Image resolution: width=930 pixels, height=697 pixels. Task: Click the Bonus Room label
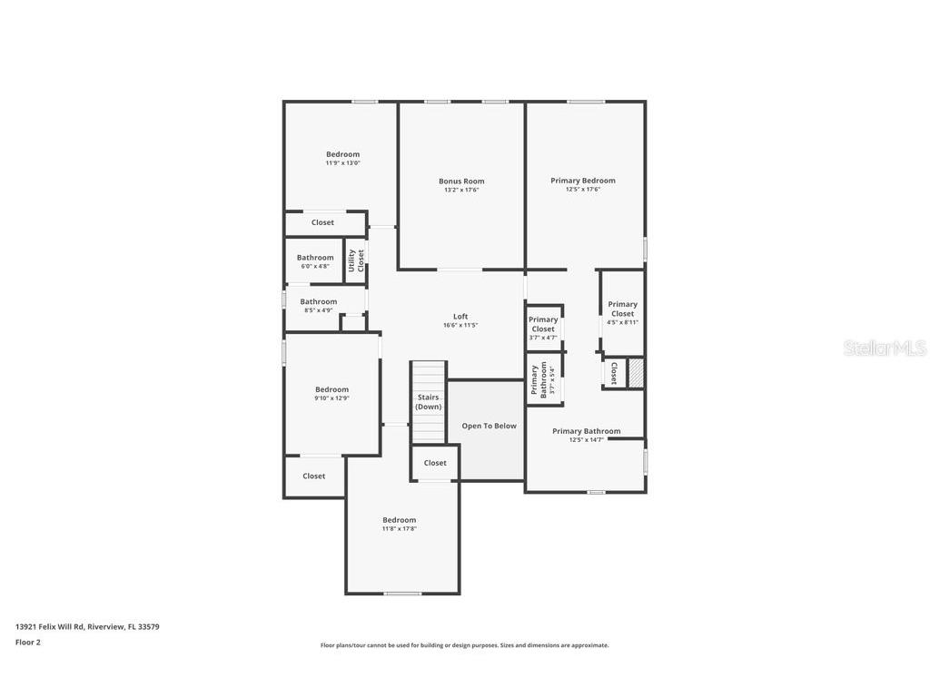pyautogui.click(x=460, y=182)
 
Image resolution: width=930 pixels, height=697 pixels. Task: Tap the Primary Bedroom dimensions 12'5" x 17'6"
pyautogui.click(x=583, y=190)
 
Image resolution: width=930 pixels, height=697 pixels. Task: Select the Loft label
pyautogui.click(x=460, y=317)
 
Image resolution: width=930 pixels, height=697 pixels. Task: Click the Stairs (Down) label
pyautogui.click(x=428, y=402)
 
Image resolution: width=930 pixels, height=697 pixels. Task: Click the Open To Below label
pyautogui.click(x=489, y=426)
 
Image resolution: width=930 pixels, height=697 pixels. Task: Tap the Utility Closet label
pyautogui.click(x=355, y=260)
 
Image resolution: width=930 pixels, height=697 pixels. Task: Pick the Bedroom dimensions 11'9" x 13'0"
pyautogui.click(x=342, y=163)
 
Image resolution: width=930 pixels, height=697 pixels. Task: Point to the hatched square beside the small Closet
pyautogui.click(x=637, y=373)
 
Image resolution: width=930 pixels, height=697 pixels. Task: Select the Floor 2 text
pyautogui.click(x=28, y=643)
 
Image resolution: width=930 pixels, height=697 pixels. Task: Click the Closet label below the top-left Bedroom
pyautogui.click(x=322, y=222)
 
